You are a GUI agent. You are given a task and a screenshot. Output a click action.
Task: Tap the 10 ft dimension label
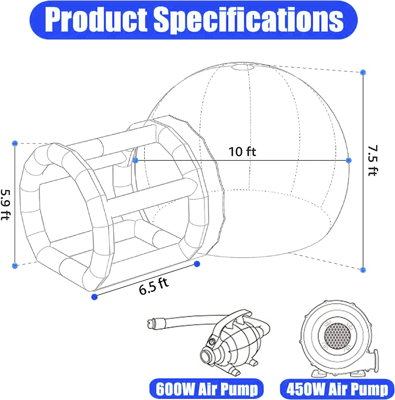click(x=242, y=152)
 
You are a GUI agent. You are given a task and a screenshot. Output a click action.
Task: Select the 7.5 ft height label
click(x=372, y=161)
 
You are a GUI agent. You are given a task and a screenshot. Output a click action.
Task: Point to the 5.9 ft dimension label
click(x=5, y=205)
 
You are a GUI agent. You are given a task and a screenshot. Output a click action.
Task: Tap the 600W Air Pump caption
click(x=206, y=390)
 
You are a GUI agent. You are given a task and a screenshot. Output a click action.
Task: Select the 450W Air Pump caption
click(x=337, y=390)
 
